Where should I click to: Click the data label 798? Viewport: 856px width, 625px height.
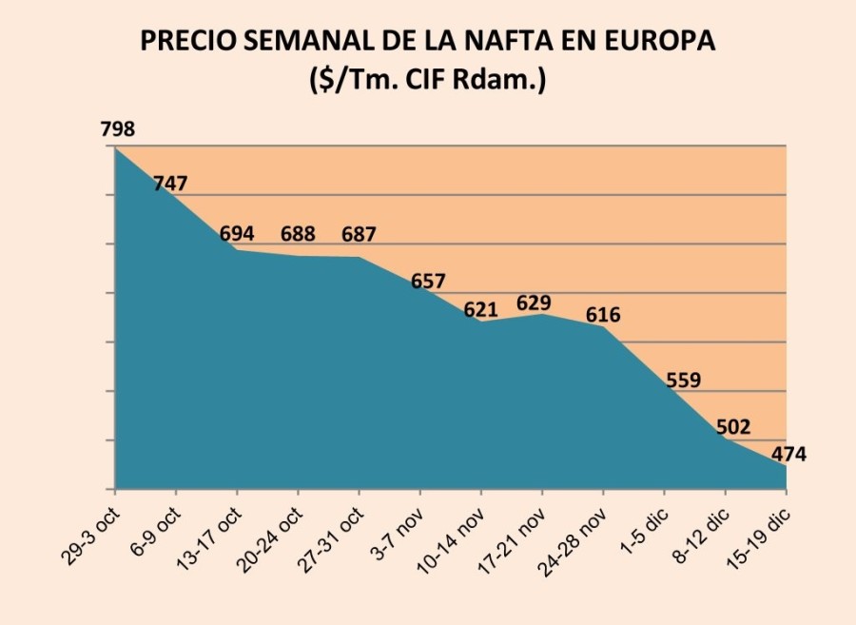(x=118, y=128)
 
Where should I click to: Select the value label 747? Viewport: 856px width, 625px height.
(x=170, y=184)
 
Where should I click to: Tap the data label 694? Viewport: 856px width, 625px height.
(x=237, y=233)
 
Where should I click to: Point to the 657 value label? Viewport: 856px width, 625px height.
(x=428, y=282)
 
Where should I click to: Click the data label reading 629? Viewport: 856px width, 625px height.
(x=534, y=303)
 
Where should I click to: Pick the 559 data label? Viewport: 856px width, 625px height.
(x=683, y=381)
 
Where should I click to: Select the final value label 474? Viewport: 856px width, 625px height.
(x=788, y=454)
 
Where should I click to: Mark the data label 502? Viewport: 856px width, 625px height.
(x=732, y=427)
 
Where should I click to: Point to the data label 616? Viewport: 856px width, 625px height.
(x=603, y=315)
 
